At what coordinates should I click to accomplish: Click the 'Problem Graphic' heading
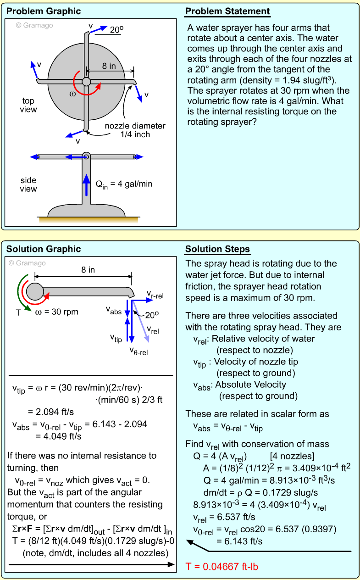(44, 11)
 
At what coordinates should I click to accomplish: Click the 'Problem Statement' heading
(227, 11)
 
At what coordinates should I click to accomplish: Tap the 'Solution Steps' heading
(217, 250)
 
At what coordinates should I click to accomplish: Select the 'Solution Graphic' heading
(44, 249)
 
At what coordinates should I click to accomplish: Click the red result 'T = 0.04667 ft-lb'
(222, 567)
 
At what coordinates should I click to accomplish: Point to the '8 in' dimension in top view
(109, 66)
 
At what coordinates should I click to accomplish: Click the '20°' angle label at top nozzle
(116, 30)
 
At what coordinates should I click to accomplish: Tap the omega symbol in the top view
(72, 94)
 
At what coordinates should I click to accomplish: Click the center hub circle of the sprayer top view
(86, 82)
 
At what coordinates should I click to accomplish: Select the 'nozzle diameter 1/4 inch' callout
(135, 130)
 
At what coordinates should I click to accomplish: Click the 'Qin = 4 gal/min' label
(124, 184)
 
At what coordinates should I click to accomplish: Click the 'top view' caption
(28, 105)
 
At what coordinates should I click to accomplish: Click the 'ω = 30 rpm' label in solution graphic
(56, 312)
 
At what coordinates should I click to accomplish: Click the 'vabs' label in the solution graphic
(114, 311)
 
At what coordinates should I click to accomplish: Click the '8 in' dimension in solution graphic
(88, 270)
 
